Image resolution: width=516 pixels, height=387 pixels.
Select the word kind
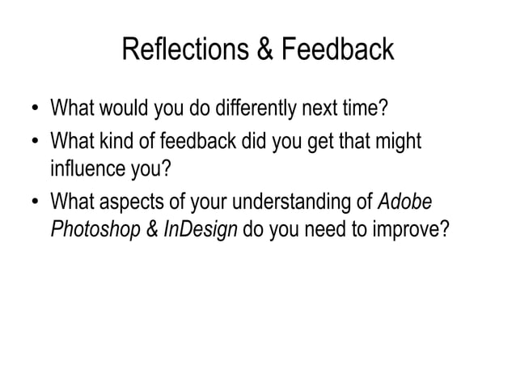click(x=115, y=143)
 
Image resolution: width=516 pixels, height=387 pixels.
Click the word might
click(x=397, y=143)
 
